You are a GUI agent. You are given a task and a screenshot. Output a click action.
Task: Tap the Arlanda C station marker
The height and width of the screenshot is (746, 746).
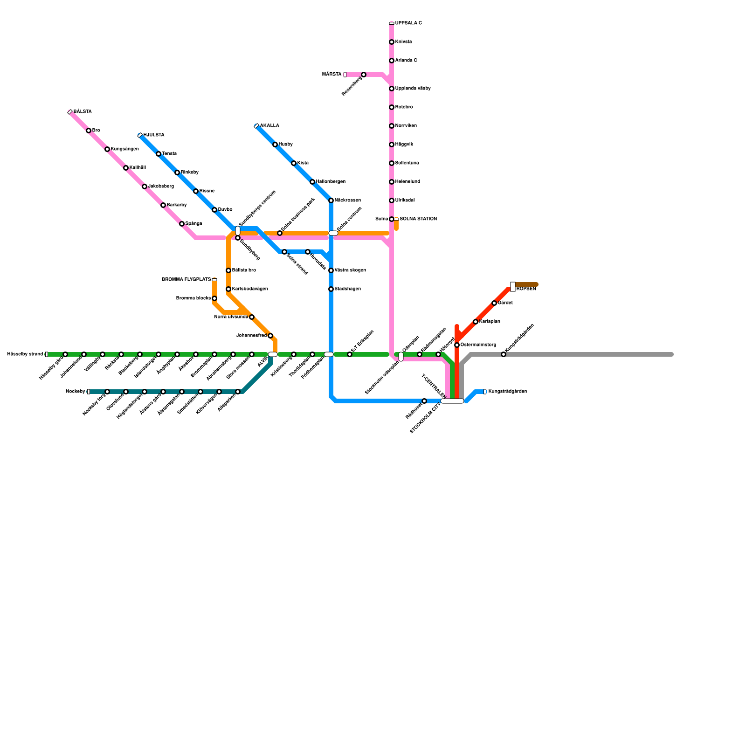(392, 61)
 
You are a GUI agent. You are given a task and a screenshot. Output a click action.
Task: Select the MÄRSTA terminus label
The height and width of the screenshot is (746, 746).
(332, 75)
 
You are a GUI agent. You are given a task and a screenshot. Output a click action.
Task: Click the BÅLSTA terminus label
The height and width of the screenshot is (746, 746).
(83, 112)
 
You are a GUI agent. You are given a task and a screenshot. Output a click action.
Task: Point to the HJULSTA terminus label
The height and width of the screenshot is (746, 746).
(153, 135)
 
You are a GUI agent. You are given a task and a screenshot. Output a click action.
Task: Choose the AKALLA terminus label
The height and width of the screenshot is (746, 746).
(269, 126)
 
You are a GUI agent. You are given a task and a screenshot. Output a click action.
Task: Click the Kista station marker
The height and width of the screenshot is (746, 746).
(294, 163)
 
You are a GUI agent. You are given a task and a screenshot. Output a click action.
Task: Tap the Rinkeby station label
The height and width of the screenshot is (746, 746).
(189, 173)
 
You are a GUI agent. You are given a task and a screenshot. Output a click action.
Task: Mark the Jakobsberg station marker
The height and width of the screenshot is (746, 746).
(145, 186)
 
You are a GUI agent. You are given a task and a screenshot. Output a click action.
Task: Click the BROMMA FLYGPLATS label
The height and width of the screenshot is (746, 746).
(186, 280)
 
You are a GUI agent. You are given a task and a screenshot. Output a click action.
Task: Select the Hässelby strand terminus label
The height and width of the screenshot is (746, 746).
(25, 354)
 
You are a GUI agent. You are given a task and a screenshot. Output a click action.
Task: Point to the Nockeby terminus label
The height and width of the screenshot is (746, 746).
(75, 392)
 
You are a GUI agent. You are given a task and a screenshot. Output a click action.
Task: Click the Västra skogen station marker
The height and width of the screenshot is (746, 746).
(331, 270)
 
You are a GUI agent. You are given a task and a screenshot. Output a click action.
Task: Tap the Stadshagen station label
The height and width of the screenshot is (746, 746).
(347, 289)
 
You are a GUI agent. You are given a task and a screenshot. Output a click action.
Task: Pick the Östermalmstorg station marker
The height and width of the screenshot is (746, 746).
(457, 345)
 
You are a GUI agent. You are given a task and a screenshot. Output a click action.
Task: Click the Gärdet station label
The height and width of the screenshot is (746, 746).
(505, 303)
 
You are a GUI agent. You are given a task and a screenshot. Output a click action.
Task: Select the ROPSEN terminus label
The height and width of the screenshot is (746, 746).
(526, 289)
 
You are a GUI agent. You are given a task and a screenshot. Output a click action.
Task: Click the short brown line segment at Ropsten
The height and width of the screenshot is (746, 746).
(527, 284)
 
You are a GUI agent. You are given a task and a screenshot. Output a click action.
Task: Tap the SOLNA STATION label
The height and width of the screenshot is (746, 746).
(418, 219)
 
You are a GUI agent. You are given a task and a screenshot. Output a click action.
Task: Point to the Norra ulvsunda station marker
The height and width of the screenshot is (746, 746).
(252, 317)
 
